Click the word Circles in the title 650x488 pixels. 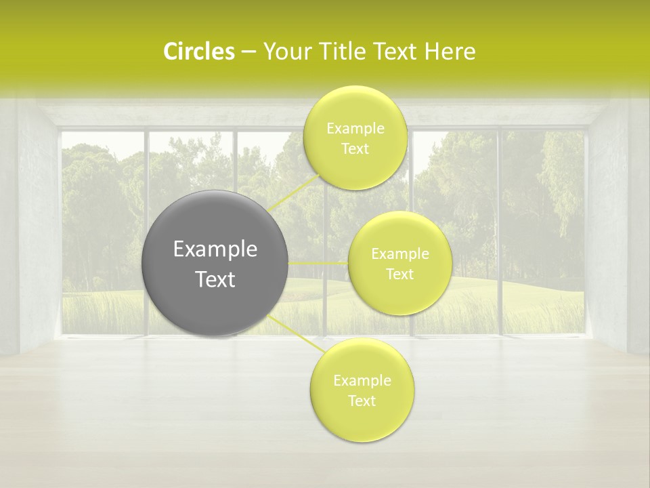tap(198, 52)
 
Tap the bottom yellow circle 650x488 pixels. tap(362, 424)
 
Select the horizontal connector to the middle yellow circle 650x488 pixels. tap(318, 263)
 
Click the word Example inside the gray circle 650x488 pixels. tap(215, 249)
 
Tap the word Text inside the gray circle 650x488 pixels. tap(215, 279)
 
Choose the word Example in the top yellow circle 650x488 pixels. tap(355, 129)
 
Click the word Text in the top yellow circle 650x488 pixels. tap(355, 149)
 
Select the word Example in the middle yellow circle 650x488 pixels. tap(399, 254)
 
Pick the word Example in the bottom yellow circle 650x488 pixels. tap(362, 381)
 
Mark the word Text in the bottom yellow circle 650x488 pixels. tap(362, 401)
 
